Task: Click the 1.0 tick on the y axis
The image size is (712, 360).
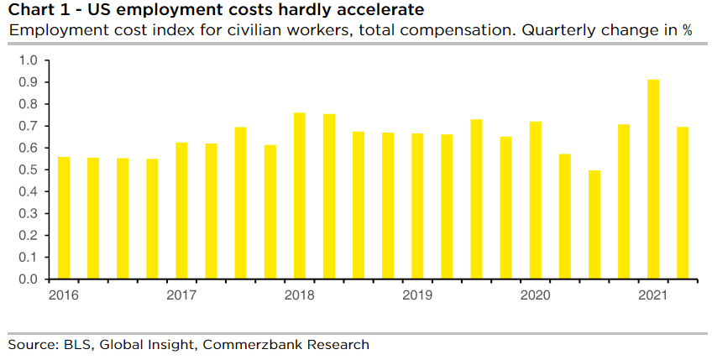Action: tap(28, 61)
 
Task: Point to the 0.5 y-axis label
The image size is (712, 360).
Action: tap(28, 170)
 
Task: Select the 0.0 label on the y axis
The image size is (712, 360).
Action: tap(28, 279)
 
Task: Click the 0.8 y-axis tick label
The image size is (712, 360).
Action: tap(28, 105)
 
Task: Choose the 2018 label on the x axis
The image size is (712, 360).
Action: tap(299, 295)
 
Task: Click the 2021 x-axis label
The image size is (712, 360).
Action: tap(652, 295)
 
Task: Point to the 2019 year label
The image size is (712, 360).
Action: tap(416, 295)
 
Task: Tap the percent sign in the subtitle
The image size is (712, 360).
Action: tap(687, 30)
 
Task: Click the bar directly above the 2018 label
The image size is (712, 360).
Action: tap(299, 196)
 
